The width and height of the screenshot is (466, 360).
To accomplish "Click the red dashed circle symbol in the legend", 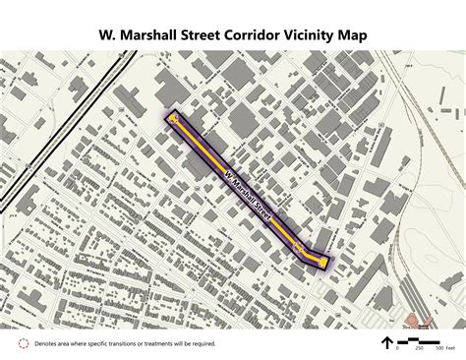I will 23,343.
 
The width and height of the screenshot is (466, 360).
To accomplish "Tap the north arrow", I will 386,342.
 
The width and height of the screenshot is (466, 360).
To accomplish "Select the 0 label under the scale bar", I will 398,347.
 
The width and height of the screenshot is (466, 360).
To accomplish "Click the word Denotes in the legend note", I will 48,343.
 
